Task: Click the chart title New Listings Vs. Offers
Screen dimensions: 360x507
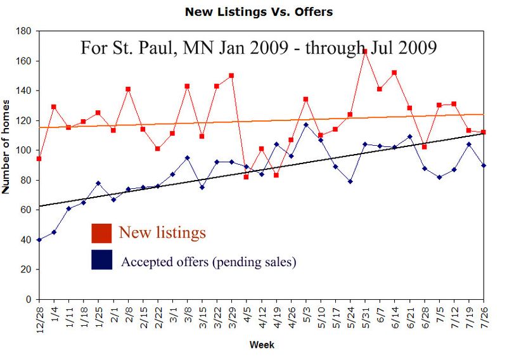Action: (x=258, y=12)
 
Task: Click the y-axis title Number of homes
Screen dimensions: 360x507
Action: (x=6, y=146)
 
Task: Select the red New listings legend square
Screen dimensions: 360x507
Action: (x=101, y=233)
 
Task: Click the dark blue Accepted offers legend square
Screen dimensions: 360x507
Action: (x=101, y=260)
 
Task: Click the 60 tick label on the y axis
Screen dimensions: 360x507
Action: (x=26, y=210)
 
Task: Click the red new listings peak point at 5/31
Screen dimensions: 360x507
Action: (x=365, y=51)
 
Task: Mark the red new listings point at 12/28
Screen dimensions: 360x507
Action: (x=39, y=158)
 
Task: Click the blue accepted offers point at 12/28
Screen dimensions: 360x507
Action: (x=39, y=240)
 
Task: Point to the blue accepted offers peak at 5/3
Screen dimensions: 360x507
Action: (x=305, y=124)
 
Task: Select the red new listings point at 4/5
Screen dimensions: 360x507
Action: (x=247, y=177)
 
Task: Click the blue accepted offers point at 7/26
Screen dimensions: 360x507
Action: (x=484, y=165)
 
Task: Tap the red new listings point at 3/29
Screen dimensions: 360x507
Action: (x=231, y=75)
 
